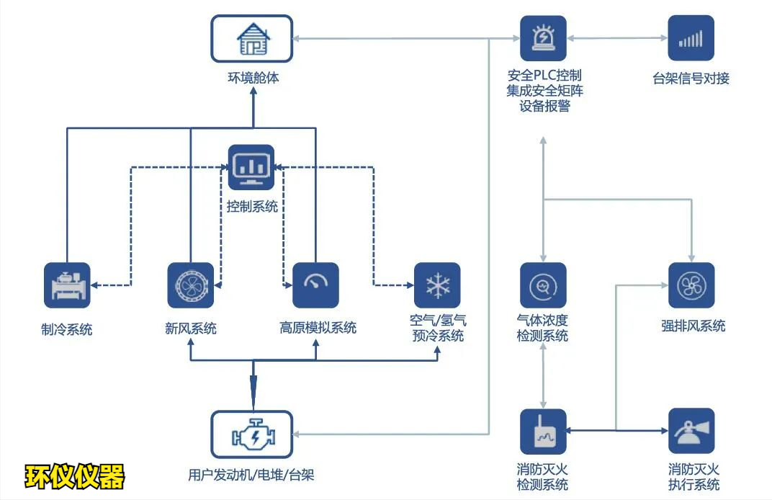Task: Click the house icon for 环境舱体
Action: [252, 39]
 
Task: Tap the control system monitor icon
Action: [251, 167]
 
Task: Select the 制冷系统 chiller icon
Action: [67, 285]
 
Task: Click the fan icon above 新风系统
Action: [190, 285]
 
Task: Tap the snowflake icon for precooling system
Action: [437, 285]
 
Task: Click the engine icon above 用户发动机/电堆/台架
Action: [252, 434]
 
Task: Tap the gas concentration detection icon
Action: [543, 285]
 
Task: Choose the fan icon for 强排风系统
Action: [691, 285]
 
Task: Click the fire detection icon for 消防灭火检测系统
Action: [543, 432]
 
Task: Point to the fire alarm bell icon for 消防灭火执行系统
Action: [691, 432]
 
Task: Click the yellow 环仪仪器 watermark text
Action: [75, 476]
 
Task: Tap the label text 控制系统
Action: [252, 207]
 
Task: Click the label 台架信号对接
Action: [691, 79]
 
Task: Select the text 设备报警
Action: [544, 106]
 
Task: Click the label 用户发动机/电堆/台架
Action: [251, 475]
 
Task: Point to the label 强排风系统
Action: [693, 326]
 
